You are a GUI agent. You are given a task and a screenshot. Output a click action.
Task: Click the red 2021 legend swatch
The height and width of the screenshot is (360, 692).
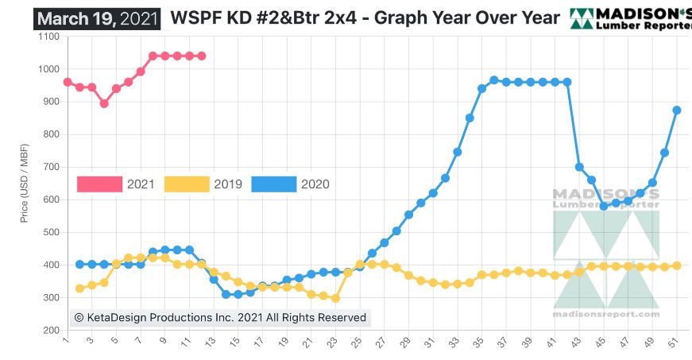(x=100, y=184)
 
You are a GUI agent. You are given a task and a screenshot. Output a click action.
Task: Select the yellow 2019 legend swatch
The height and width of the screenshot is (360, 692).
(x=187, y=184)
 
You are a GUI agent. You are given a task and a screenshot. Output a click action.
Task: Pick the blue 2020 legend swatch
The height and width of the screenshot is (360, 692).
(x=274, y=184)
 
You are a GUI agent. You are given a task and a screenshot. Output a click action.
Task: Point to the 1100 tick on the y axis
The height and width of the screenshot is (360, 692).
(x=48, y=37)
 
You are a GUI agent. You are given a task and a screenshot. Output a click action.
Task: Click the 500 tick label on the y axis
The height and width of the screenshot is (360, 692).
(x=50, y=232)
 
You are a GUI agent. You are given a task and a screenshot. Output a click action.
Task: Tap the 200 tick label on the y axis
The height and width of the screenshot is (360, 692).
(x=50, y=330)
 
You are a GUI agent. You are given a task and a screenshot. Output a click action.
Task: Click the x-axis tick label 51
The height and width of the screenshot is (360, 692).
(x=675, y=345)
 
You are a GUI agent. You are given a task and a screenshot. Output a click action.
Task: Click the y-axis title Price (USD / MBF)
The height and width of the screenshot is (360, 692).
(x=25, y=183)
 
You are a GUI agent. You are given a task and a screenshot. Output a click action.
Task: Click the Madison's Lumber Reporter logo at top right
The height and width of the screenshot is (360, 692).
(x=631, y=17)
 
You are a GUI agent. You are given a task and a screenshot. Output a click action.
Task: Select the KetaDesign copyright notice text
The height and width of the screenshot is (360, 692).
(x=220, y=318)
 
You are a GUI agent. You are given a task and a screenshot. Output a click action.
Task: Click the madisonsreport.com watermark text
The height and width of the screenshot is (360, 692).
(x=605, y=314)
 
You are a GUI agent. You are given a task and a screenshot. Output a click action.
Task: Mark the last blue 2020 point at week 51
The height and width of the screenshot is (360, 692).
(x=677, y=110)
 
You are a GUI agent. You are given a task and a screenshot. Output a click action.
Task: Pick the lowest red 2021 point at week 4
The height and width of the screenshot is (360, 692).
(x=104, y=103)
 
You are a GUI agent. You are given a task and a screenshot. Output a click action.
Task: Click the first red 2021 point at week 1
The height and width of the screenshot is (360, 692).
(x=68, y=82)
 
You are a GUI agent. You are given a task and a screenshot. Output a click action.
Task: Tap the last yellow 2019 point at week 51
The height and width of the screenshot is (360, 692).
(x=677, y=265)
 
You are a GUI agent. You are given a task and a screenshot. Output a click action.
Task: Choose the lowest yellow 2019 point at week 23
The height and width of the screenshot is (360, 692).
(x=336, y=298)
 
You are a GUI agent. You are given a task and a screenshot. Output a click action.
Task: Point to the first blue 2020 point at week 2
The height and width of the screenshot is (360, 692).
(x=79, y=265)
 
